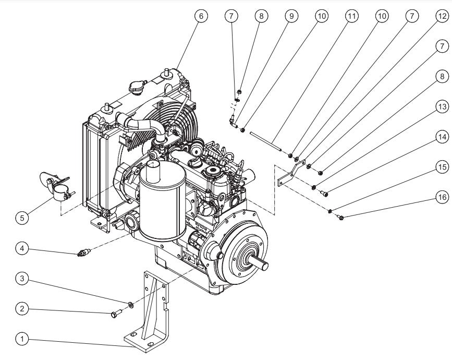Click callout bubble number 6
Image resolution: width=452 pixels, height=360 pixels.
[201, 16]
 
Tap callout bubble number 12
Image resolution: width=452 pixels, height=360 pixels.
[442, 16]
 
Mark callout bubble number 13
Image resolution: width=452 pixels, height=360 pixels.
[442, 107]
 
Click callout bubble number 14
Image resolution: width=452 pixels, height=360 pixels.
[442, 137]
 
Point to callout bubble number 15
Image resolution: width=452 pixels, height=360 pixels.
[442, 167]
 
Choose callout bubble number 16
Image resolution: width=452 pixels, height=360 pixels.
[442, 198]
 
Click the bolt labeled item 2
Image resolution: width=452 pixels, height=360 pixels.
[115, 314]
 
